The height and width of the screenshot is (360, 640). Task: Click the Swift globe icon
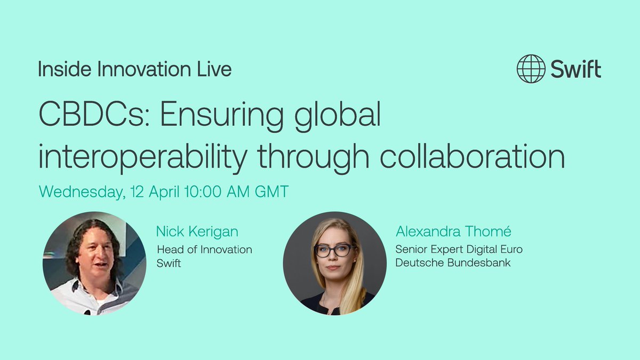point(531,69)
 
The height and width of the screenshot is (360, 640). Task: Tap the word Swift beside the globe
point(576,69)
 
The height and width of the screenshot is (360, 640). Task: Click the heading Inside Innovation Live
point(134,69)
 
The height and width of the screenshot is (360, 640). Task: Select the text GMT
point(271,192)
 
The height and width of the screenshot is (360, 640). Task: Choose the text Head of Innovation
point(204,249)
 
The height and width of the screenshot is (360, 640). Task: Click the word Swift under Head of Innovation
point(169,263)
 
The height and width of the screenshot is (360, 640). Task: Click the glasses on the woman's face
point(334,250)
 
